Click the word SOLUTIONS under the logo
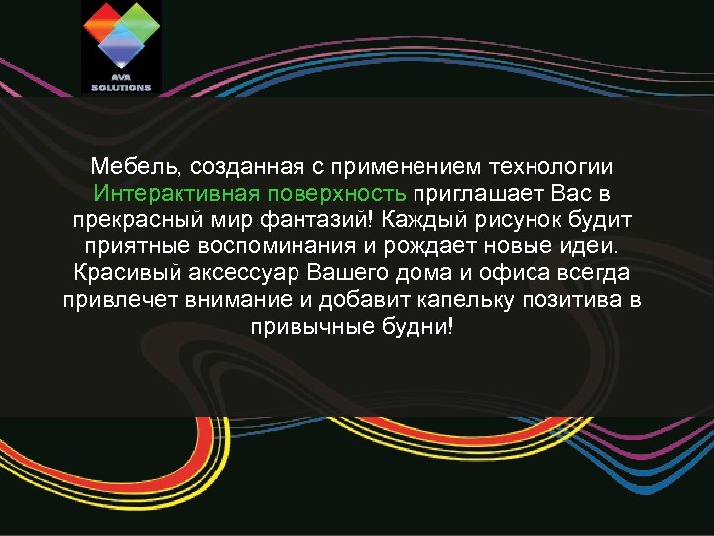click(x=121, y=87)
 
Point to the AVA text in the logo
click(x=121, y=79)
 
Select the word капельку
click(x=467, y=298)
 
